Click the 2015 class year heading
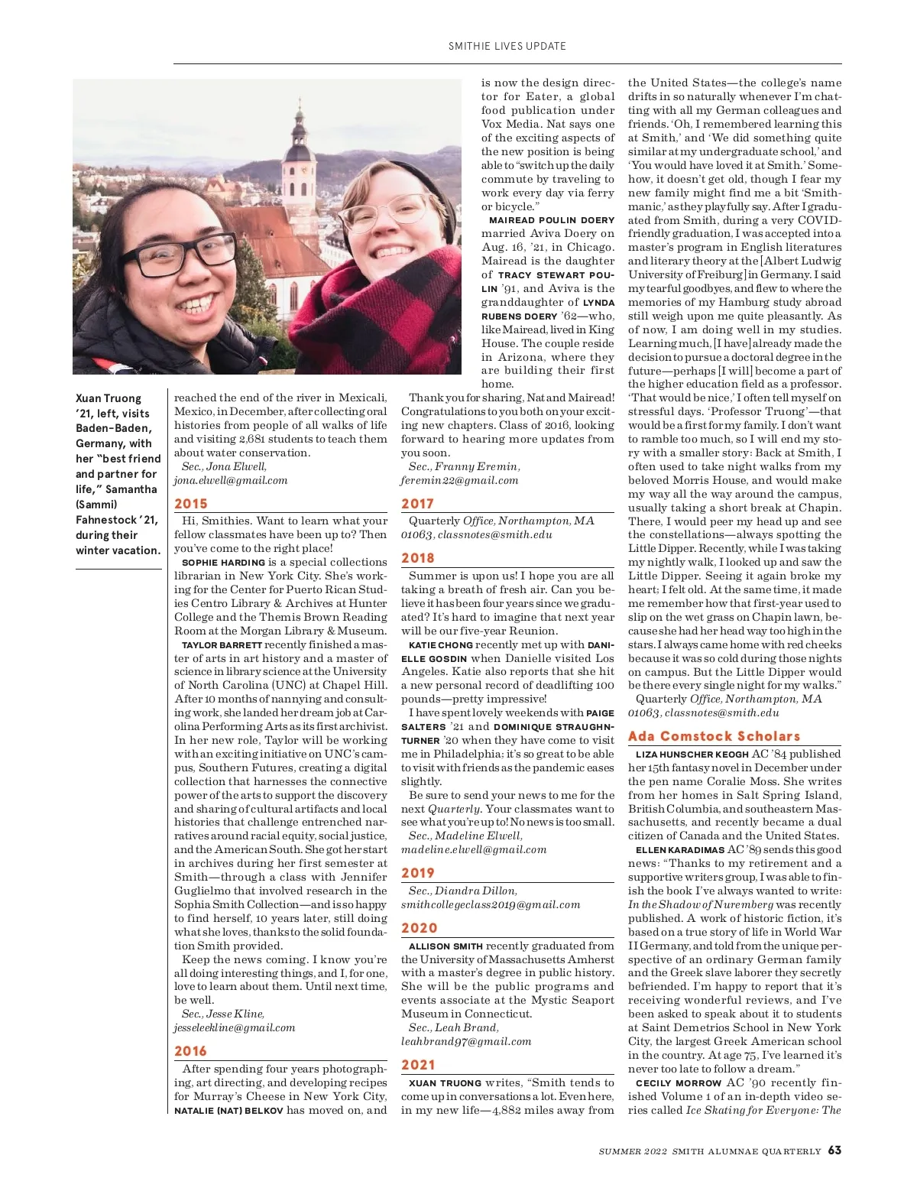[191, 504]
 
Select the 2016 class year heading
[191, 1051]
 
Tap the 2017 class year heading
[417, 504]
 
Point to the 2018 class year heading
[417, 558]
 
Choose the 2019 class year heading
[417, 873]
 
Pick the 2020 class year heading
[419, 928]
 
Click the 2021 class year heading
[417, 1065]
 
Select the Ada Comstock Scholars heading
[714, 736]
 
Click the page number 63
[834, 1150]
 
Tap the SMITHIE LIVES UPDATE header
[507, 46]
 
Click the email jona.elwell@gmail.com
[231, 480]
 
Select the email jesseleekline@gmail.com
[234, 1027]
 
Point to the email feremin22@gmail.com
[459, 480]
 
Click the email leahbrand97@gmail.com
[466, 1041]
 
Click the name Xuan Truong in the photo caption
[109, 398]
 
